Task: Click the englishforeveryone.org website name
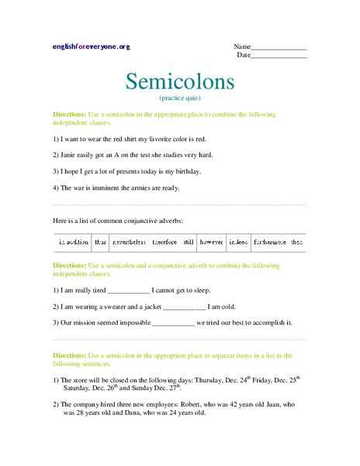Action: point(92,47)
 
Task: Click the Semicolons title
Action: point(179,80)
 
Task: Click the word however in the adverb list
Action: point(212,243)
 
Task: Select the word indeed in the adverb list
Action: point(238,243)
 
